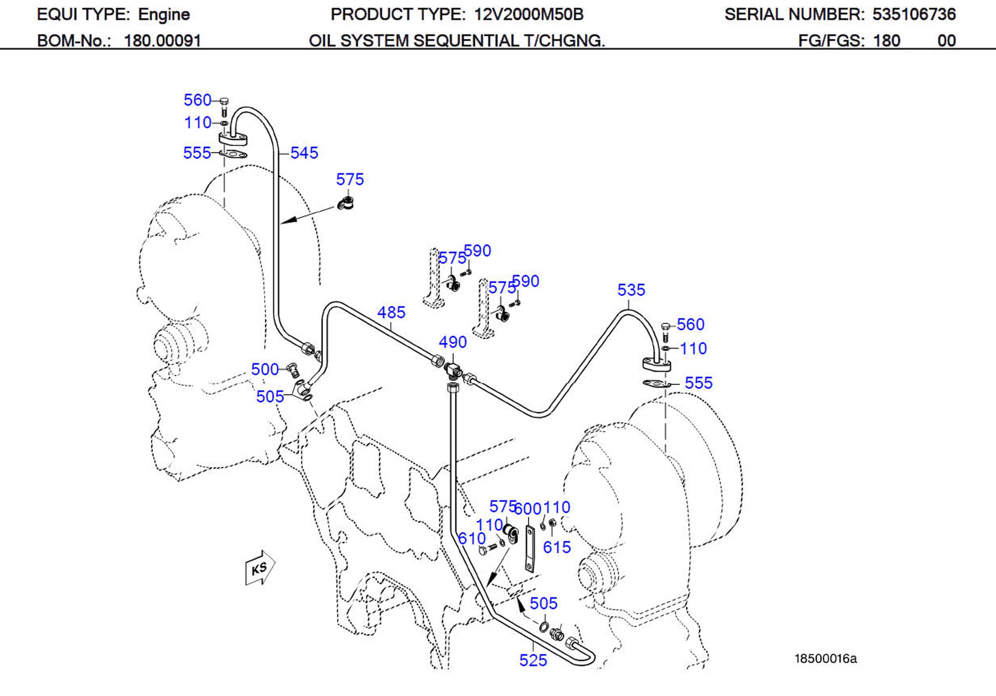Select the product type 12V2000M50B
tap(529, 15)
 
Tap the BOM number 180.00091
tap(162, 41)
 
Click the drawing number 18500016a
tap(826, 659)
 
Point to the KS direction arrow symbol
tap(260, 568)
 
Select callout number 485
tap(391, 312)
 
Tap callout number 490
tap(453, 342)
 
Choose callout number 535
tap(631, 290)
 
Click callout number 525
tap(533, 660)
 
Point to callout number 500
tap(265, 369)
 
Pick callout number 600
tap(528, 509)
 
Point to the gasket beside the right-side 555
tap(655, 384)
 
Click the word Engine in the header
tap(164, 15)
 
